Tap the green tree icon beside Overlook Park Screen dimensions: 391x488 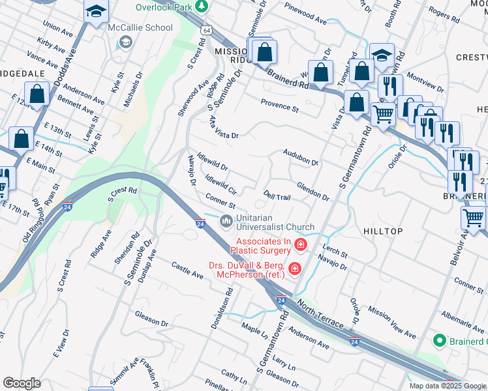click(202, 7)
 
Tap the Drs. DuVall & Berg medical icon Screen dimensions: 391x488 click(294, 268)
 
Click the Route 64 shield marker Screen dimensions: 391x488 click(206, 31)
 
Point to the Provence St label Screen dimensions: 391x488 click(279, 106)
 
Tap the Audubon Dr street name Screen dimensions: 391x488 click(300, 157)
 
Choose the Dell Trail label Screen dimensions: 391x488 click(277, 196)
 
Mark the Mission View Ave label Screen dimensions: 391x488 click(391, 322)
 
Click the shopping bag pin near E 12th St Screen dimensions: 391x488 click(37, 94)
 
